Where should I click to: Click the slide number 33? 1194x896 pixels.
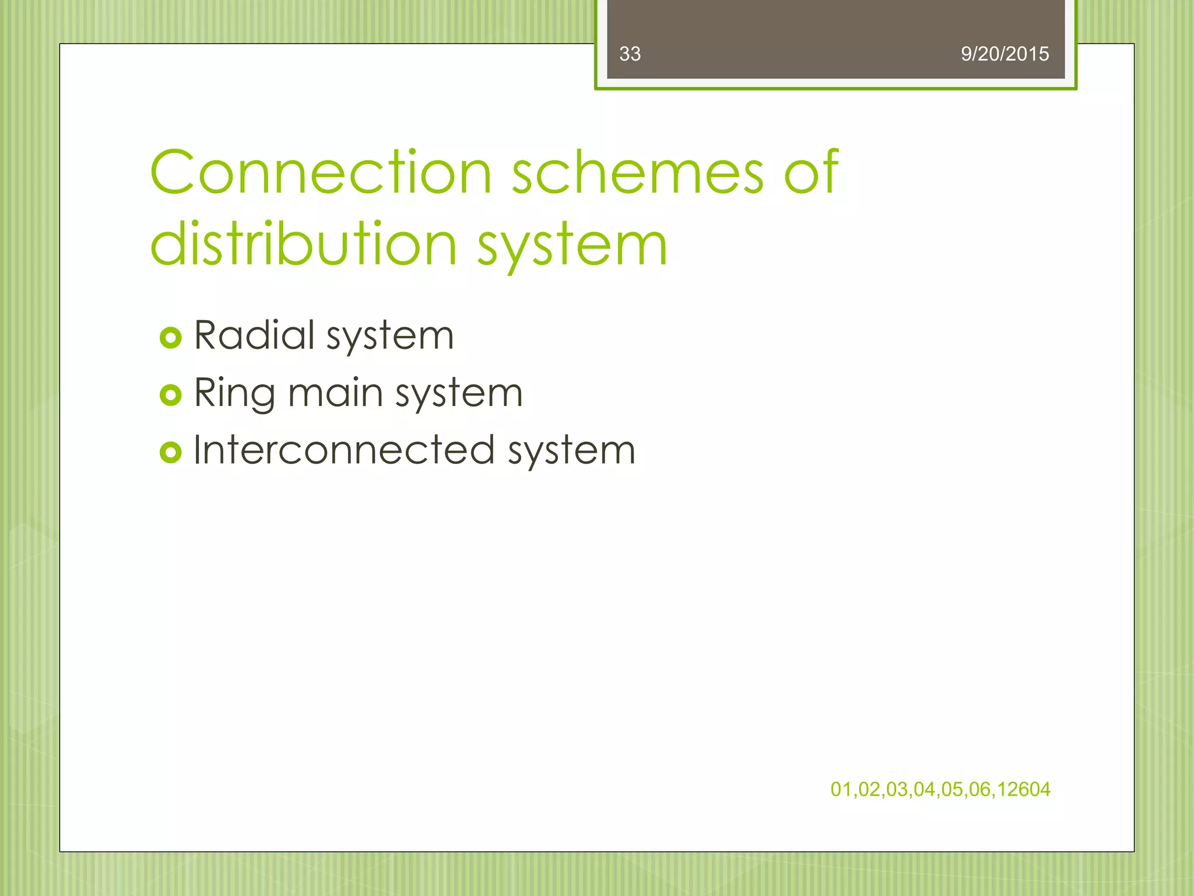click(x=630, y=54)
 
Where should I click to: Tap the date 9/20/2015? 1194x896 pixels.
click(x=1005, y=54)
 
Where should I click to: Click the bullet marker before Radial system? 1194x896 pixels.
click(x=170, y=338)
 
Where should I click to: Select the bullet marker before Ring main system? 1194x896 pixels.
click(x=170, y=395)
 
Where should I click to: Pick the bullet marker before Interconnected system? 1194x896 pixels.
click(x=170, y=452)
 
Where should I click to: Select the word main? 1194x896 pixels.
click(x=335, y=393)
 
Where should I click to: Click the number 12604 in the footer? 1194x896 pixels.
click(x=1023, y=789)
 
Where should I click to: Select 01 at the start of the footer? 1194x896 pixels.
click(x=841, y=789)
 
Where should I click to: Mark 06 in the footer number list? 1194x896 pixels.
click(x=979, y=789)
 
